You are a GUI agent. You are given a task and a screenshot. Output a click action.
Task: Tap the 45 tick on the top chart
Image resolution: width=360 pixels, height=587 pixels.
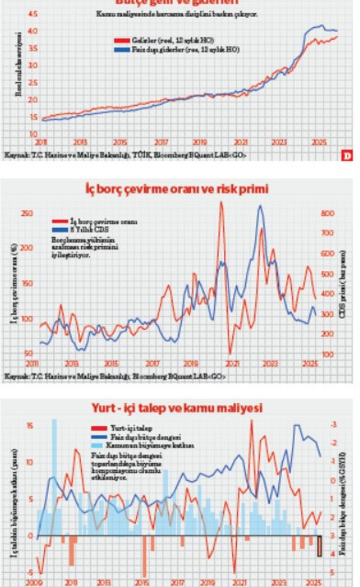(x=32, y=13)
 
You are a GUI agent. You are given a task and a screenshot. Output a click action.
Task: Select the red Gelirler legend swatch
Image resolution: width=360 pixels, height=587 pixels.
(x=122, y=41)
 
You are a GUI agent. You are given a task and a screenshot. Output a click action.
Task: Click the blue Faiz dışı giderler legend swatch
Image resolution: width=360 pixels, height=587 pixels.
(x=122, y=49)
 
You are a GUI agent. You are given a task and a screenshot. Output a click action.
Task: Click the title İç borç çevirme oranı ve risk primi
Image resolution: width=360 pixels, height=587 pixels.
(x=180, y=188)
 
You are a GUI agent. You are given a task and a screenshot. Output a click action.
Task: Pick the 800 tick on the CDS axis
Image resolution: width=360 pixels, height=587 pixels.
(x=327, y=213)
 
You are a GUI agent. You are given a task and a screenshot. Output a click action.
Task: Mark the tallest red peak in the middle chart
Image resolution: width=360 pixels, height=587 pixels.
(x=221, y=203)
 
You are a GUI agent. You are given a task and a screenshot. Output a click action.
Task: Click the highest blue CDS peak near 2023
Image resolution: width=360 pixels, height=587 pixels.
(x=260, y=206)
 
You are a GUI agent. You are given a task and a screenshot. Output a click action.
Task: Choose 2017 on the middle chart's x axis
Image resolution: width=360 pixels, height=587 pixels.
(x=152, y=363)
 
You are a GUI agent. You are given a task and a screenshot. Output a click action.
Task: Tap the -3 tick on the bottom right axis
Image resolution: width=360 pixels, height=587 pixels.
(x=334, y=425)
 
